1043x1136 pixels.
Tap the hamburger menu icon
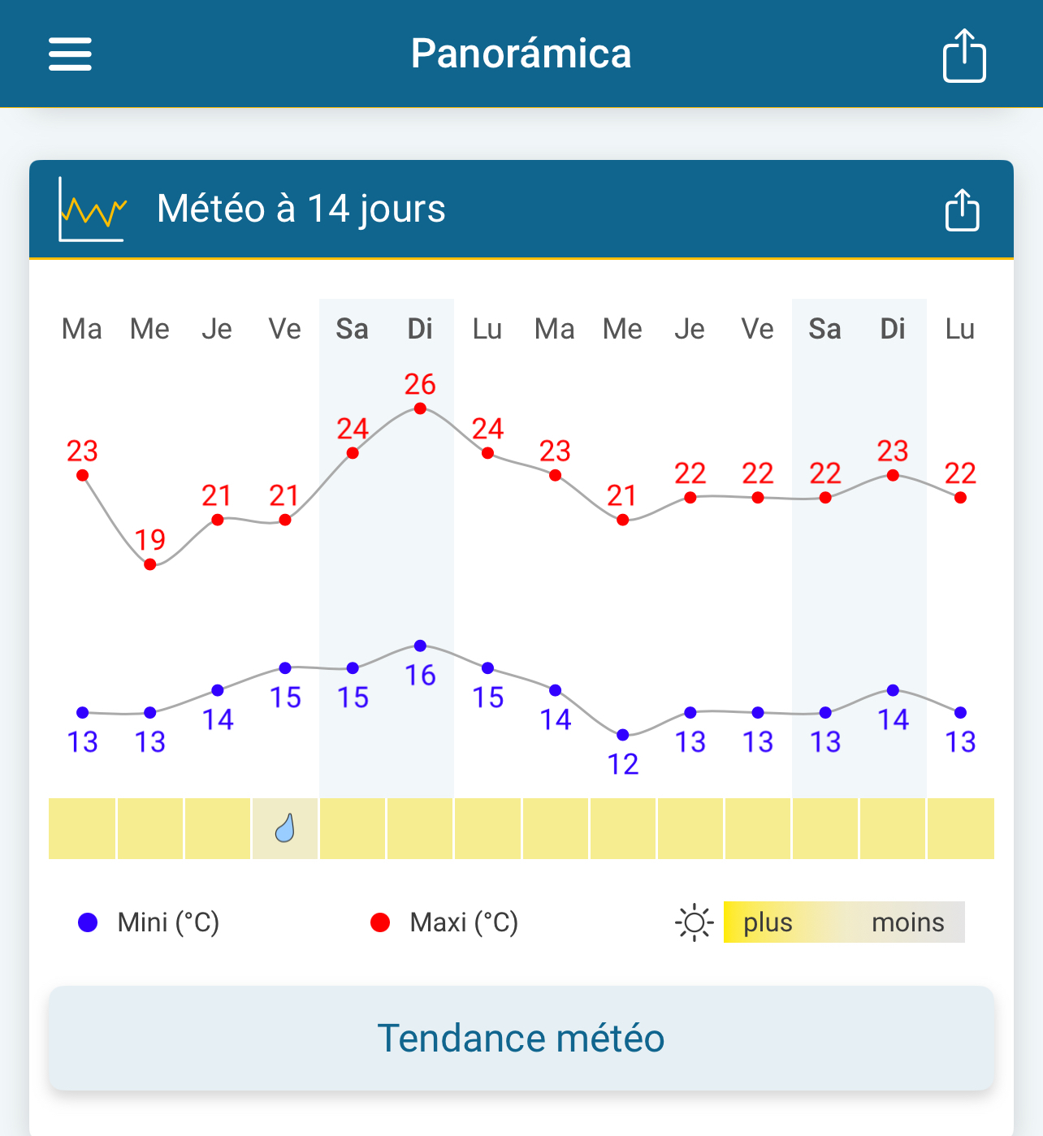click(x=70, y=54)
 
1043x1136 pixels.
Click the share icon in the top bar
click(x=964, y=55)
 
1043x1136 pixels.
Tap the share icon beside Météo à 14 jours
click(x=963, y=210)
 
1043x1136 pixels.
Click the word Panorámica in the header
click(x=521, y=54)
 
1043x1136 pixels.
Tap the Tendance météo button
click(x=521, y=1038)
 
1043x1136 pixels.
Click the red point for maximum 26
click(x=420, y=408)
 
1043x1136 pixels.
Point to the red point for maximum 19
click(x=149, y=564)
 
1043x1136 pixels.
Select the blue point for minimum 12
click(x=623, y=735)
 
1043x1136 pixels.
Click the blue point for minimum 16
click(x=420, y=646)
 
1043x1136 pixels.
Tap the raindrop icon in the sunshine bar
click(x=284, y=828)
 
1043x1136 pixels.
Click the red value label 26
click(x=420, y=384)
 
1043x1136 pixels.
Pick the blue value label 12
click(x=623, y=764)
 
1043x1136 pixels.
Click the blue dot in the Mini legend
click(x=88, y=922)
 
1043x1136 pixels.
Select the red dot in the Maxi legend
click(x=379, y=922)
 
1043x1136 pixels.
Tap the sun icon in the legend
click(x=694, y=922)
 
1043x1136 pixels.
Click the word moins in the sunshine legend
click(x=907, y=922)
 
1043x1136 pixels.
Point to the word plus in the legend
click(x=768, y=922)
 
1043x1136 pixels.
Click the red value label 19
click(x=150, y=539)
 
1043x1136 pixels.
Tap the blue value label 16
click(x=421, y=675)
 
